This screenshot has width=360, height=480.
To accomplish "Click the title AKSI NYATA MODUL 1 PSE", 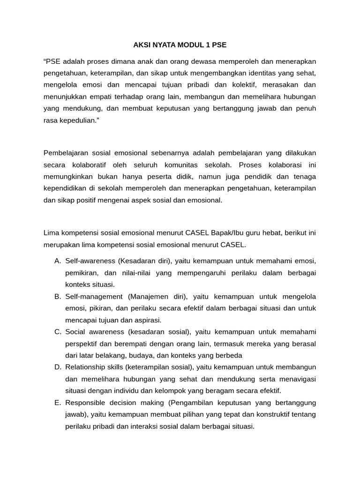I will point(180,45).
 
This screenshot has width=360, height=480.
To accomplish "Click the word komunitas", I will point(181,165).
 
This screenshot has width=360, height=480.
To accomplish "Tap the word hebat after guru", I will point(275,233).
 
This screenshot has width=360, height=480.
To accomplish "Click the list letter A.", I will point(58,261).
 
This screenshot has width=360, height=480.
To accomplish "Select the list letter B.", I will point(58,296).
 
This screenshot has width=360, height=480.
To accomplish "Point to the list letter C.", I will point(58,332).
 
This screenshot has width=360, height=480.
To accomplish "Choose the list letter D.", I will point(58,367).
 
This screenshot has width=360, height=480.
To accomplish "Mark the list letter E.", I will point(58,403).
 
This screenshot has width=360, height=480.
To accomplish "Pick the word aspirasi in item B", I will point(147,320).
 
